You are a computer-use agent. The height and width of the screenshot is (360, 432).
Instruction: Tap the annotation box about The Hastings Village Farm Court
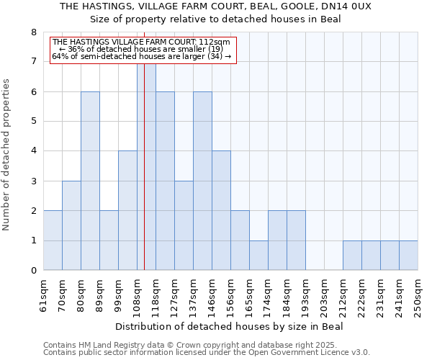tap(142, 49)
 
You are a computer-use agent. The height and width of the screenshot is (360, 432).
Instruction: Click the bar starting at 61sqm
tap(53, 240)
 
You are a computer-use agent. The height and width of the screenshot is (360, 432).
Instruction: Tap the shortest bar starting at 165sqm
tap(258, 256)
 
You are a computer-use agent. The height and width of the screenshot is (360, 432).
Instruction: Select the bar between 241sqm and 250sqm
tap(408, 256)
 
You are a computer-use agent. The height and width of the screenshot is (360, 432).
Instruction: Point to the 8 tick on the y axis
tap(32, 32)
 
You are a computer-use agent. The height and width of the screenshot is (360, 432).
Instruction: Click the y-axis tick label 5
tap(32, 121)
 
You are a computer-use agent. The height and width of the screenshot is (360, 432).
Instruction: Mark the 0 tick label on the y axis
tap(32, 271)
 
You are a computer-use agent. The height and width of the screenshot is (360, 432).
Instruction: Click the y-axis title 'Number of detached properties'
tap(7, 156)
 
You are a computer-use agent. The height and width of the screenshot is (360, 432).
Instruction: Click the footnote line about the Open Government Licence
tap(207, 353)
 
